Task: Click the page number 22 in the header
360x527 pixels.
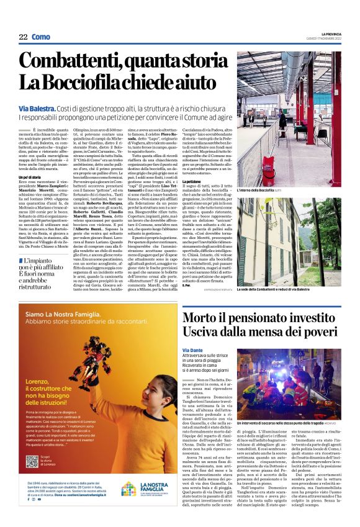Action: click(x=23, y=37)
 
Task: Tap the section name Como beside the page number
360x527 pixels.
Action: click(x=41, y=37)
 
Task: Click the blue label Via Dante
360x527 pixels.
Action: click(x=193, y=350)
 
